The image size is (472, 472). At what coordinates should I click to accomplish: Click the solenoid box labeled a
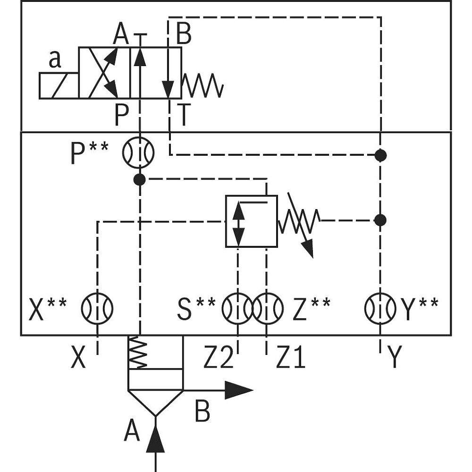[59, 86]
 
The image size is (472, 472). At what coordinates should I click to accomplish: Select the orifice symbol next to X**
[97, 309]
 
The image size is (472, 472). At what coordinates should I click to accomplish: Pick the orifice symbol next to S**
[237, 309]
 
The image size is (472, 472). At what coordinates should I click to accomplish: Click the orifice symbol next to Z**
[267, 309]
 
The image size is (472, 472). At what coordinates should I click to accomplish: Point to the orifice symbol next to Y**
[380, 309]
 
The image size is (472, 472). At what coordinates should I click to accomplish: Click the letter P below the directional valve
[122, 116]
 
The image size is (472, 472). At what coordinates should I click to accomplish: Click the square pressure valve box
[251, 220]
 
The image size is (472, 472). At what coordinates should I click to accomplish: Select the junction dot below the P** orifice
[139, 179]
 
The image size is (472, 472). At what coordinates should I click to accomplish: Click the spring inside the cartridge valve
[139, 353]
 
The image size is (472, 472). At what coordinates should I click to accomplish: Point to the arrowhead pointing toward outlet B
[239, 390]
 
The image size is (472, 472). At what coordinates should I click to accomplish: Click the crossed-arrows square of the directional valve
[104, 73]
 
